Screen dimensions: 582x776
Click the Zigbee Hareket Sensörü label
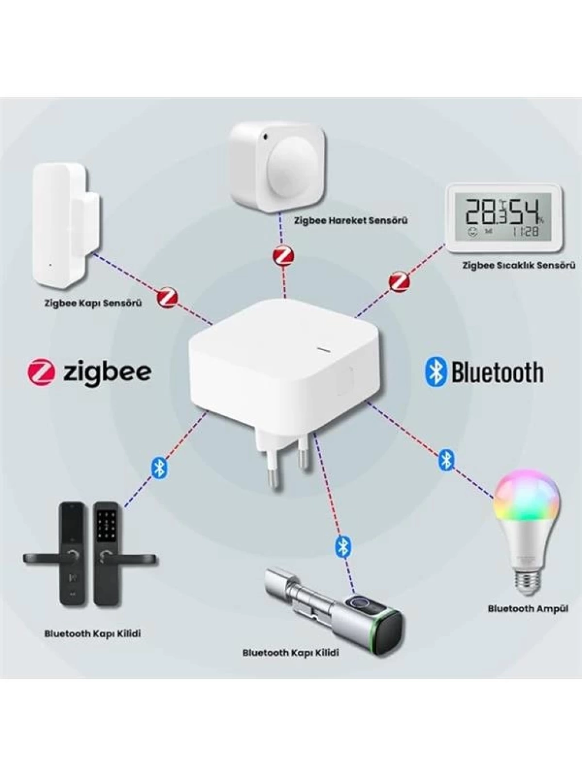tap(351, 220)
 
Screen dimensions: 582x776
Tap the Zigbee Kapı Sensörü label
tap(93, 303)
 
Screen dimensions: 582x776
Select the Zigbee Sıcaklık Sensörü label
tap(519, 265)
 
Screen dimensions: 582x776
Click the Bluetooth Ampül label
tap(528, 609)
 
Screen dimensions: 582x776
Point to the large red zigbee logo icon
tap(41, 372)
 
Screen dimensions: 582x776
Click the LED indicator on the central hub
tap(324, 350)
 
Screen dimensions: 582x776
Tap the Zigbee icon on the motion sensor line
tap(283, 255)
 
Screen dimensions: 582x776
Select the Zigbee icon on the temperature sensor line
tap(400, 282)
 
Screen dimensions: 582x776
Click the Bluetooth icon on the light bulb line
tap(446, 460)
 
